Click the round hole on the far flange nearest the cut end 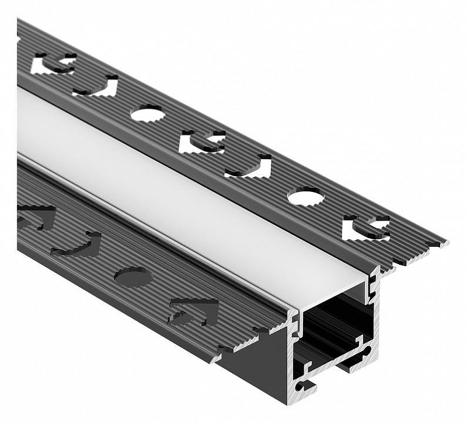point(305,197)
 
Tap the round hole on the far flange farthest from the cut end point(147,113)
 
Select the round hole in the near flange point(133,276)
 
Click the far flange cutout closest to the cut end point(367,228)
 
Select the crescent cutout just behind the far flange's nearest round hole point(249,167)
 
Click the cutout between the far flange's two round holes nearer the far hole point(202,142)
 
